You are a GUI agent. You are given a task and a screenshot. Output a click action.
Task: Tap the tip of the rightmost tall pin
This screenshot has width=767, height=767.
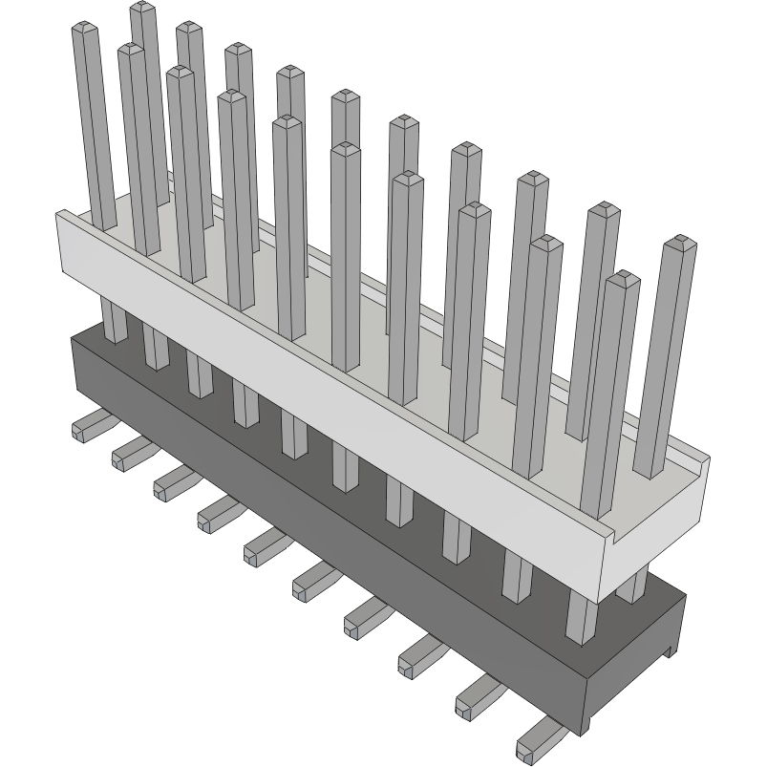click(680, 241)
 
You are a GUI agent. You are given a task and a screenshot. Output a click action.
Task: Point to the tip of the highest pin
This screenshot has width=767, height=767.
click(143, 8)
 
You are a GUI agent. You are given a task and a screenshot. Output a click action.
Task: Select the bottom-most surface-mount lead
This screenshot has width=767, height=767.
click(539, 741)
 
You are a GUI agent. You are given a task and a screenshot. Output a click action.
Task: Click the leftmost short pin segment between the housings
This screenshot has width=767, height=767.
click(114, 321)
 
